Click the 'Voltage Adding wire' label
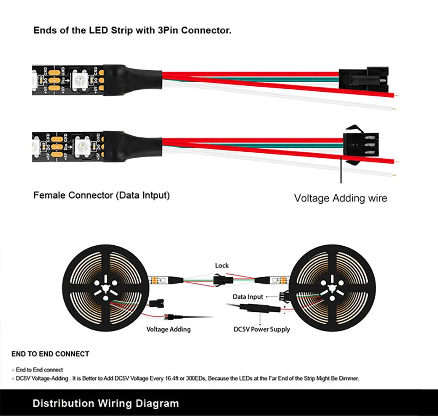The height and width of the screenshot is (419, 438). (x=340, y=198)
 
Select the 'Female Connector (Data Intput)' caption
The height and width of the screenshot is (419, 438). (x=101, y=195)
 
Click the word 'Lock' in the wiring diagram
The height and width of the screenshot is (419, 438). (x=222, y=265)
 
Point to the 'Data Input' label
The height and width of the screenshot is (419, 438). (x=248, y=297)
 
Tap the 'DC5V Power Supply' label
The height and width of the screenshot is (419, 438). (x=261, y=329)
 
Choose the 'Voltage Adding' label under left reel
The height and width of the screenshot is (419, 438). (x=168, y=329)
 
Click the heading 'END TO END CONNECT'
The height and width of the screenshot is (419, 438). (x=50, y=354)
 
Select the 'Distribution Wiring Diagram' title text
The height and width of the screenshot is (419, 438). (x=106, y=403)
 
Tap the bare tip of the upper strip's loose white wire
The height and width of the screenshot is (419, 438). (x=395, y=109)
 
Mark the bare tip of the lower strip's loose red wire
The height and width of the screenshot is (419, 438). (x=398, y=162)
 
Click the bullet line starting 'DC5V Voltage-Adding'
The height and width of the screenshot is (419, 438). (x=187, y=378)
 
